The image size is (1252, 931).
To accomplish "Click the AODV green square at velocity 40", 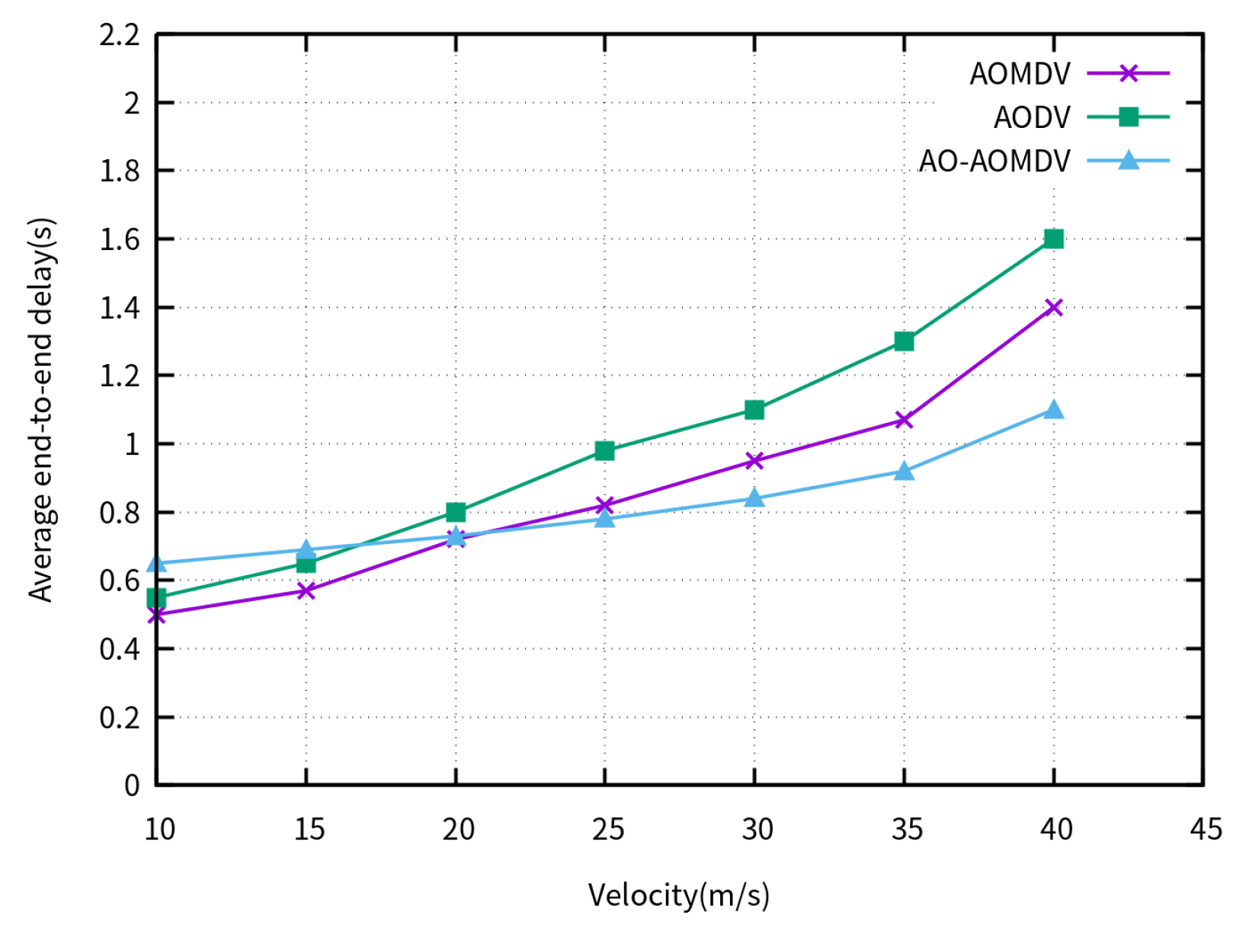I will pos(1053,238).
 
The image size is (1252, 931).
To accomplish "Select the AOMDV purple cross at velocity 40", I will pos(1053,307).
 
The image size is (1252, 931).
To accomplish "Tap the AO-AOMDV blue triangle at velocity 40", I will pos(1053,410).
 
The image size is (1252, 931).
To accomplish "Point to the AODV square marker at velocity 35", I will pos(904,341).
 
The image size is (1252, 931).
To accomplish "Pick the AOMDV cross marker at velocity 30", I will pos(754,461).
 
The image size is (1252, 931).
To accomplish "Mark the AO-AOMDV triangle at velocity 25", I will pos(604,518).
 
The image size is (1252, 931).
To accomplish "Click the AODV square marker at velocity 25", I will pos(604,451).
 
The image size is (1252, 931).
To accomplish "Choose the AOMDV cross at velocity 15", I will pos(306,590).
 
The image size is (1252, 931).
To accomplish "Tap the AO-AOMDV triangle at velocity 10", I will pos(156,563).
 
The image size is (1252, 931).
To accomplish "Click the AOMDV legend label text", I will pos(1020,74).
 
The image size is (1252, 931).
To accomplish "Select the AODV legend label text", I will pos(1032,117).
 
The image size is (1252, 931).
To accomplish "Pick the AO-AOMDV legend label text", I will pos(994,161).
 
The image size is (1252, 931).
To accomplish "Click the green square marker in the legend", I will pos(1128,117).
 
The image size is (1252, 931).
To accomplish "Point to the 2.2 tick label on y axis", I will pos(120,35).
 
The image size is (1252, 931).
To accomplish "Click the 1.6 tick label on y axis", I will pos(120,239).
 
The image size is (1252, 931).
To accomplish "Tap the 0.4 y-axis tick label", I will pos(120,649).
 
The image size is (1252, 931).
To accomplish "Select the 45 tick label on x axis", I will pos(1205,829).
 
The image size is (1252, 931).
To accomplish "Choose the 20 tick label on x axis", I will pos(457,829).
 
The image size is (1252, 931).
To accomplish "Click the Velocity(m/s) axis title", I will pos(678,895).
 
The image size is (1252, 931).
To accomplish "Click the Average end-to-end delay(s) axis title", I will pos(42,410).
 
